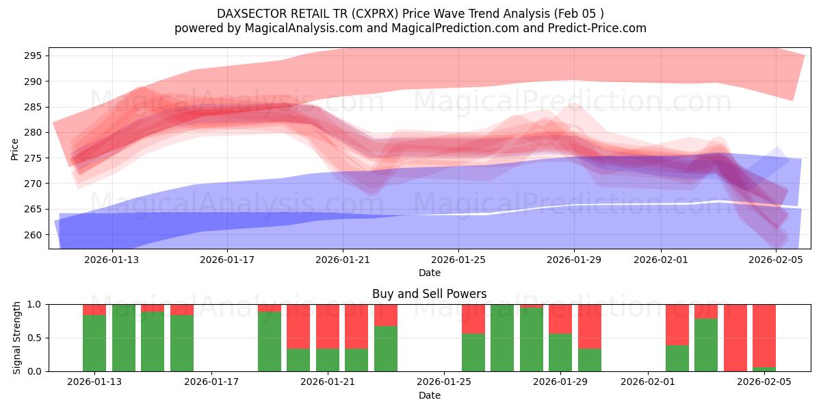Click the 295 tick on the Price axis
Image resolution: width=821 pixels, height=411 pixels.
point(36,55)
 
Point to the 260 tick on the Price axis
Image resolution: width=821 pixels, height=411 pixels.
point(36,235)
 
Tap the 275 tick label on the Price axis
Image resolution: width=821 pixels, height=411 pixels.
point(36,158)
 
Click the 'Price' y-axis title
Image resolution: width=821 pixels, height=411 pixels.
point(15,148)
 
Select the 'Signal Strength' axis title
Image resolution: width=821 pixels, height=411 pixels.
point(17,338)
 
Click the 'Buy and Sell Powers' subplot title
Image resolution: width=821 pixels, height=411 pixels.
point(429,294)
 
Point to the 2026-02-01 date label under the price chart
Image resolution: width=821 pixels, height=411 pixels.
point(661,260)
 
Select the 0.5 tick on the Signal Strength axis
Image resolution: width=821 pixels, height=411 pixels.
point(36,338)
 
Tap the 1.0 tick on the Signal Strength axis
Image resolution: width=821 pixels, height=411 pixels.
point(36,304)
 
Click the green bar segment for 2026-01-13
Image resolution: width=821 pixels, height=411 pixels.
point(94,342)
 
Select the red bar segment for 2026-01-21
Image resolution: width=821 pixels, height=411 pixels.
point(328,326)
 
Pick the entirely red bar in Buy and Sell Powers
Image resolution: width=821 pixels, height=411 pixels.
point(735,338)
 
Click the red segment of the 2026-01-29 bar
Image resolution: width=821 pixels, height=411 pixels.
point(560,319)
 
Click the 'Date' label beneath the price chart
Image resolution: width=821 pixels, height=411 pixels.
point(429,273)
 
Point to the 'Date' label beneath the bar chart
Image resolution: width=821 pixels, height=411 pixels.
point(429,395)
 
